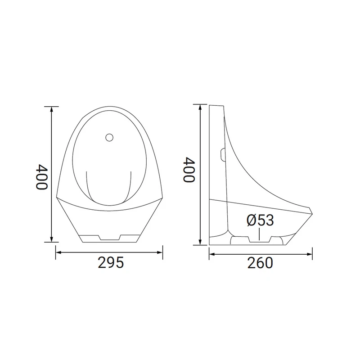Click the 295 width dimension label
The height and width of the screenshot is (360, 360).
point(111,262)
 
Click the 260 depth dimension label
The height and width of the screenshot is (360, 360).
point(260,263)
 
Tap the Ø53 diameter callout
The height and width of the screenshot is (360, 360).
point(260,220)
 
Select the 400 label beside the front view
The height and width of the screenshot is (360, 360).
point(42,176)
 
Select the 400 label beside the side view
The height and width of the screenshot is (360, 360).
point(189,170)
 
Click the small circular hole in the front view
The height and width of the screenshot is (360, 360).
point(109,137)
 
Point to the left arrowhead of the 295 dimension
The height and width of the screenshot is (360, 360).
point(58,252)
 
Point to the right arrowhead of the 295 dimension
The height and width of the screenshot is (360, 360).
point(160,252)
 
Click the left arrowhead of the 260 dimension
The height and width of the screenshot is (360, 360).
point(211,254)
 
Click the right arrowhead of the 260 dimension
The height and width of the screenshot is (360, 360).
point(310,254)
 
